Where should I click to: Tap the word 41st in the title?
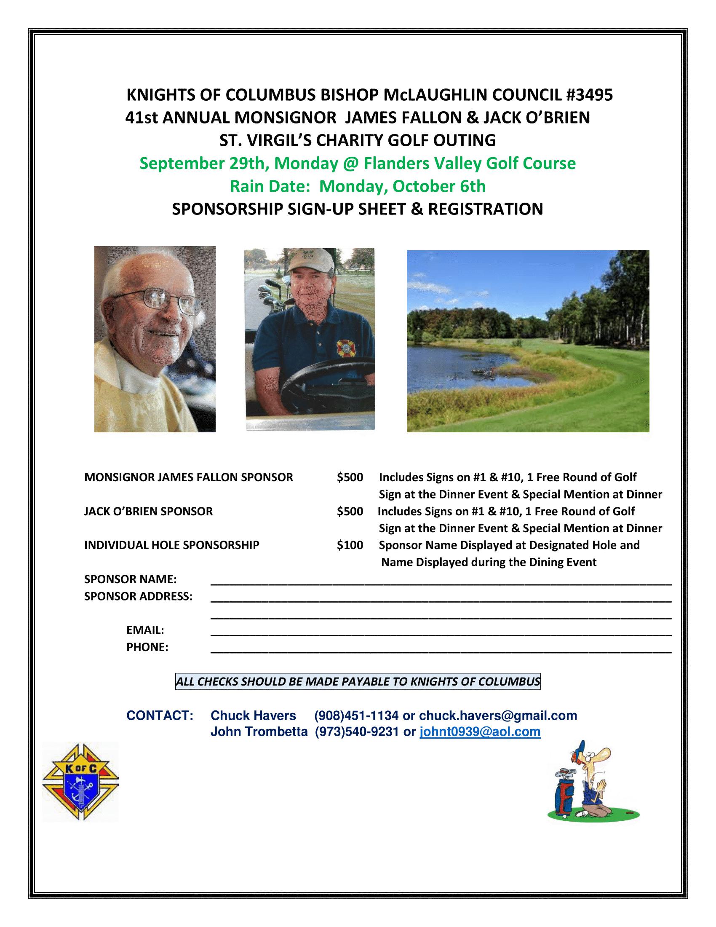coord(142,118)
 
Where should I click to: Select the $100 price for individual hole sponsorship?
coord(350,545)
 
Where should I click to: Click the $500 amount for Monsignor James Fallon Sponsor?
coord(350,477)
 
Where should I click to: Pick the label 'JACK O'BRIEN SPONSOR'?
coord(148,511)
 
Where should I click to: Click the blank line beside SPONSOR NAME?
coord(441,581)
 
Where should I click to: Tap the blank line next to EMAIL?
coord(441,632)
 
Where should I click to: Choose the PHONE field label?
coord(147,647)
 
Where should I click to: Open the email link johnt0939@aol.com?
coord(480,732)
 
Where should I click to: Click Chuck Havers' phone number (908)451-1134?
coord(356,715)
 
